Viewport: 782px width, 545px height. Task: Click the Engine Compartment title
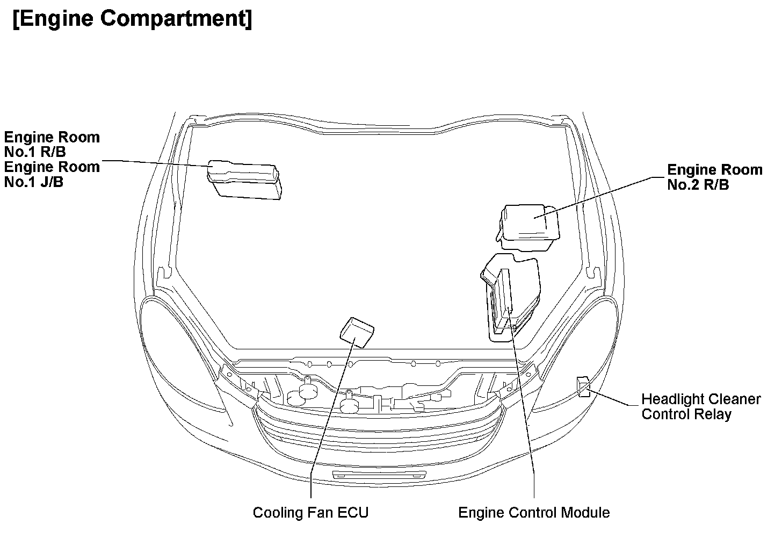132,19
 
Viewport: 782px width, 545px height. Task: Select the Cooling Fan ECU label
310,512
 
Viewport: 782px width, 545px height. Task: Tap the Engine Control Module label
534,512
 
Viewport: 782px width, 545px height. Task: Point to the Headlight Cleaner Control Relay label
701,407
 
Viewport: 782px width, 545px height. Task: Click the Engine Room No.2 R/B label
714,177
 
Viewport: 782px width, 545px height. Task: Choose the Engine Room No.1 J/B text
52,174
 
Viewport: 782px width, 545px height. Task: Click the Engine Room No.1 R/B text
52,145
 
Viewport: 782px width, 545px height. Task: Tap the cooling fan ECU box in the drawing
357,332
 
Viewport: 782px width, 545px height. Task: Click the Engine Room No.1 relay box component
245,181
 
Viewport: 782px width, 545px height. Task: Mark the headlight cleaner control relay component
583,386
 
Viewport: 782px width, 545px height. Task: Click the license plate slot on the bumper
379,475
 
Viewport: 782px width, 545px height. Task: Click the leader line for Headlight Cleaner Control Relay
615,399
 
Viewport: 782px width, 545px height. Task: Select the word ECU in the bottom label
353,512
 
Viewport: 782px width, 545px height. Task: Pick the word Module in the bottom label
585,512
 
